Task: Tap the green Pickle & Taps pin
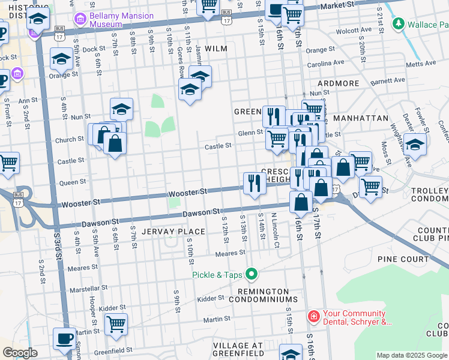click(x=252, y=275)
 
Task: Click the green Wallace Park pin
click(x=397, y=24)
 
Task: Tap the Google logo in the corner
click(x=20, y=352)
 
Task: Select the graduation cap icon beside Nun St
click(x=121, y=109)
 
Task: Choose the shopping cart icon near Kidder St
click(x=116, y=324)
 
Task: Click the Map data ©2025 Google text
click(x=412, y=355)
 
